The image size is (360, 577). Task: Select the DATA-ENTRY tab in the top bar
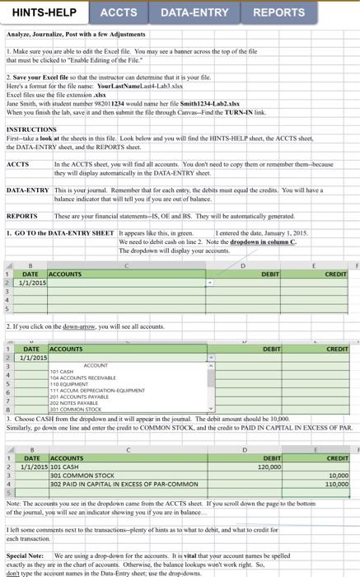194,12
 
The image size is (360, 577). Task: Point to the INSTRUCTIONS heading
30,130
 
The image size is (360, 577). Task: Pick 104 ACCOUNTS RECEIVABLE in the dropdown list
86,378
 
